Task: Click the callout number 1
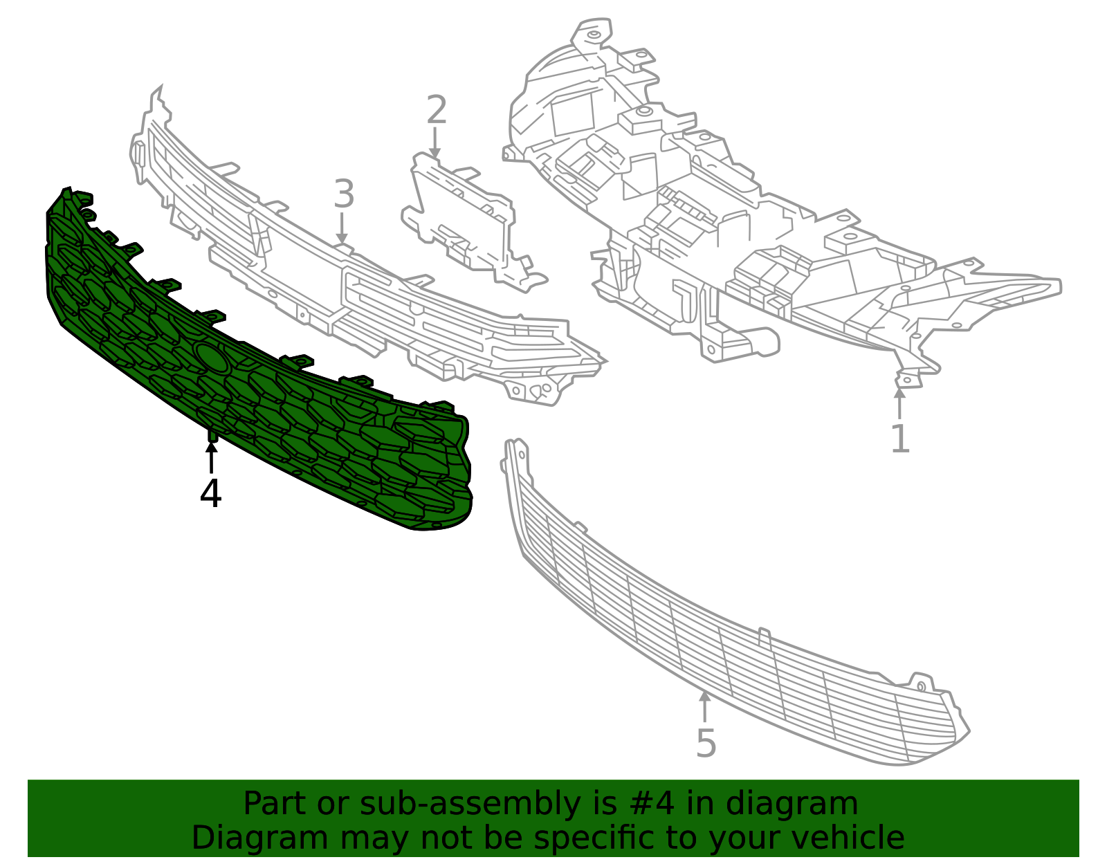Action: coord(899,438)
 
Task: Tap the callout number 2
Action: coord(437,109)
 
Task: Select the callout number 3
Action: coord(344,194)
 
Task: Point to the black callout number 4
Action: coord(210,493)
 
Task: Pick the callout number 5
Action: coord(706,744)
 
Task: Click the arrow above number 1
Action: coord(899,404)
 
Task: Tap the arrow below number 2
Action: coord(434,142)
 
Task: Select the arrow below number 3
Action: coord(342,228)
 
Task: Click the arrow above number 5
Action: coord(704,707)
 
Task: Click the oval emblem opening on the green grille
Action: coord(211,356)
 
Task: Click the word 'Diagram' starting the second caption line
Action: coord(260,838)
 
